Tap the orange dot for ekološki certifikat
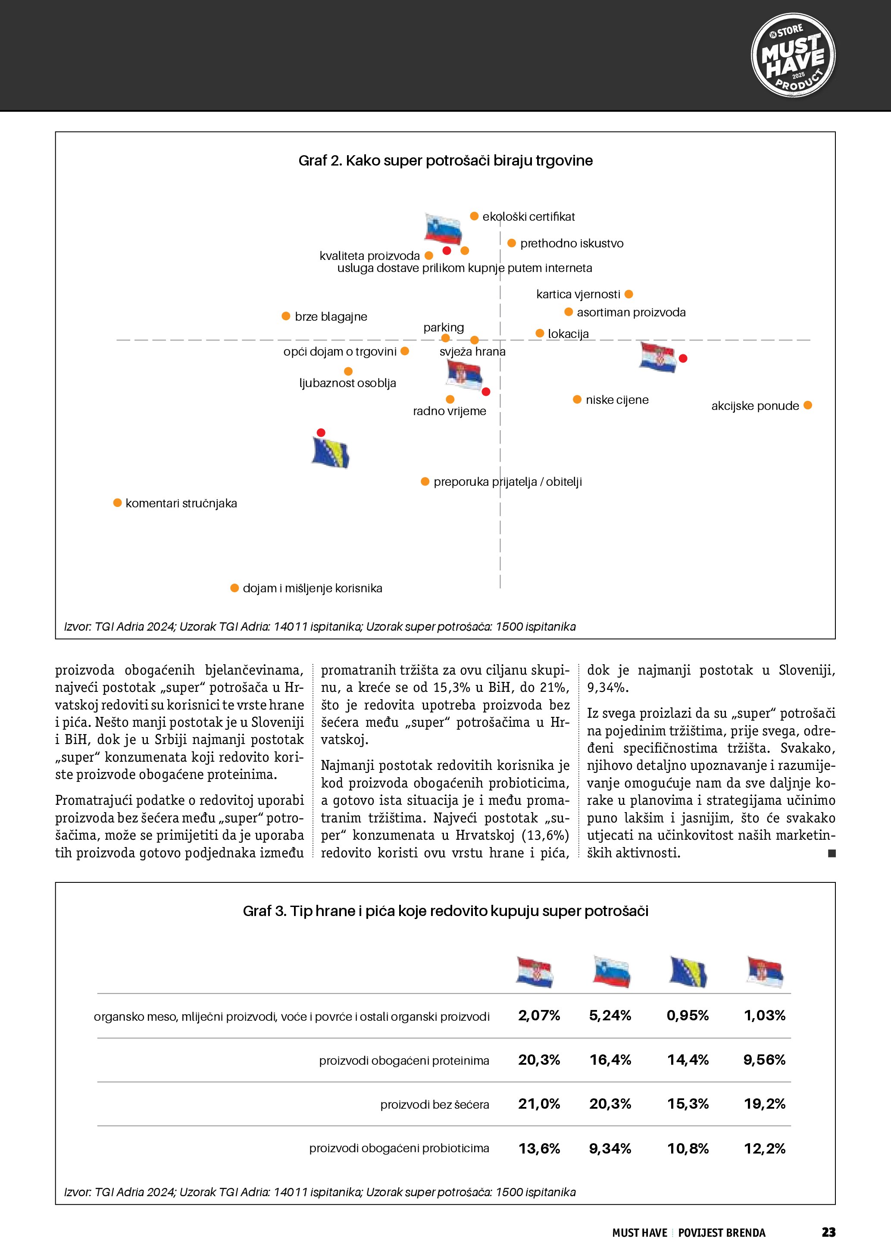click(474, 216)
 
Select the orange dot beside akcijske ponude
click(807, 406)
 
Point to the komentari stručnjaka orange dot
click(117, 503)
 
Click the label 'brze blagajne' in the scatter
click(331, 317)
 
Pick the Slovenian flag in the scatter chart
click(443, 229)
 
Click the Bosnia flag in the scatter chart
click(330, 453)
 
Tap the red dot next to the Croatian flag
click(683, 358)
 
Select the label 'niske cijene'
click(617, 400)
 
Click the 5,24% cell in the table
click(610, 1016)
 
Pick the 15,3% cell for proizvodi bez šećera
click(688, 1104)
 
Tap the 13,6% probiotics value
click(539, 1149)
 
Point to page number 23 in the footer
click(828, 1232)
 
